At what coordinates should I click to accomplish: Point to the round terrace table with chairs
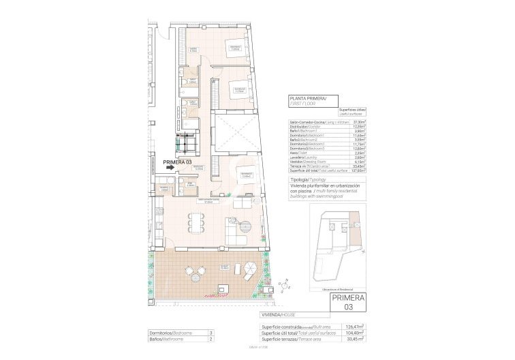[x=196, y=274]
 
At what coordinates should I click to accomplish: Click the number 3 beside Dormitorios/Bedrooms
[x=211, y=332]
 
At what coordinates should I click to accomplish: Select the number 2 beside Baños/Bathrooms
[x=211, y=337]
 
